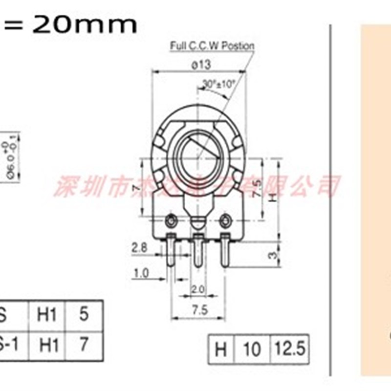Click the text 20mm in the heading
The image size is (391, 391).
[85, 24]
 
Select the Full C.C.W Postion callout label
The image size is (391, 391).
[212, 46]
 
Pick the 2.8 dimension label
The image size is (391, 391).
[140, 248]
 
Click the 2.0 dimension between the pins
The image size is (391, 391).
[197, 289]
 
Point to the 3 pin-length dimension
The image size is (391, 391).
[274, 255]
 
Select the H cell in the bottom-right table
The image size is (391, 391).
[221, 349]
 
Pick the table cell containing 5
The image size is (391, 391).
[84, 314]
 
